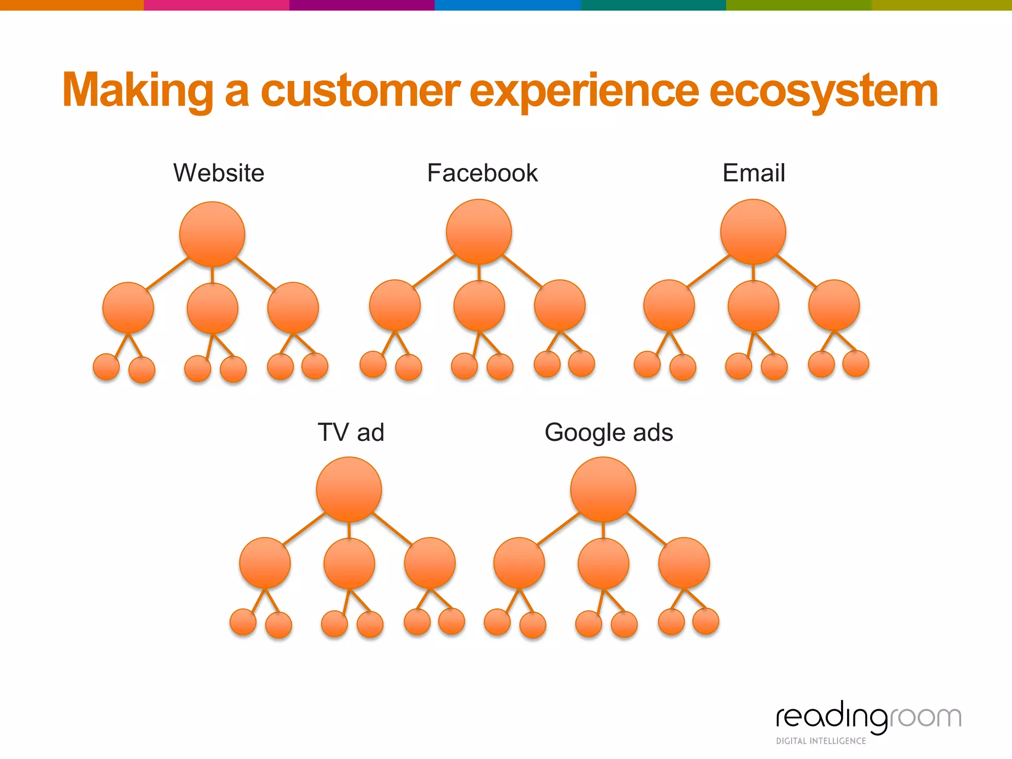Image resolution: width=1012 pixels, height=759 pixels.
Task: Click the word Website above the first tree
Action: pyautogui.click(x=218, y=173)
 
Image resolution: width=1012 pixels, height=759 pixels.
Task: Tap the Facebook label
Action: pyautogui.click(x=482, y=173)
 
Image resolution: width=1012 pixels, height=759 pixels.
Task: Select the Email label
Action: pyautogui.click(x=754, y=173)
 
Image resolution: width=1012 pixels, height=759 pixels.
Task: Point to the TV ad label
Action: pyautogui.click(x=350, y=432)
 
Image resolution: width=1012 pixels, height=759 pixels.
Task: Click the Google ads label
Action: pyautogui.click(x=608, y=432)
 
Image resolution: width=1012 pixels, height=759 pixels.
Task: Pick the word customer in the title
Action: pyautogui.click(x=360, y=91)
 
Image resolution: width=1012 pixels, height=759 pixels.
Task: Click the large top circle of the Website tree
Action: pyautogui.click(x=212, y=234)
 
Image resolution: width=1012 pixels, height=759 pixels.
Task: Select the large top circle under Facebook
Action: pyautogui.click(x=479, y=232)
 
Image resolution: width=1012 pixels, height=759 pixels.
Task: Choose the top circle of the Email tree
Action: pyautogui.click(x=753, y=232)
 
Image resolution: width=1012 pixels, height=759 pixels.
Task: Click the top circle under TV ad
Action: pyautogui.click(x=349, y=489)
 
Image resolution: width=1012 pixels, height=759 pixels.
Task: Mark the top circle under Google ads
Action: pyautogui.click(x=603, y=489)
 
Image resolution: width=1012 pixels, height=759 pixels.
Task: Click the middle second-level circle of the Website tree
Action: pyautogui.click(x=212, y=308)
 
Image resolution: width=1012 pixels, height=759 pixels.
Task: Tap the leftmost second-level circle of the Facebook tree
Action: pyautogui.click(x=395, y=305)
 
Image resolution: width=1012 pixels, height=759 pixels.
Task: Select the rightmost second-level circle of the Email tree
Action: pyautogui.click(x=834, y=305)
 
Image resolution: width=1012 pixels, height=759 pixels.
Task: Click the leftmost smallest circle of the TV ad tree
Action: pyautogui.click(x=243, y=622)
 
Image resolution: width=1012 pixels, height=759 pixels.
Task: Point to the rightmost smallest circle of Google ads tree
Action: pyautogui.click(x=706, y=621)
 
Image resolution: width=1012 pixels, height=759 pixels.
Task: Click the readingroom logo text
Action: pyautogui.click(x=868, y=717)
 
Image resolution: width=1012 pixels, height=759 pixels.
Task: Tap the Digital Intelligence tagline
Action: pyautogui.click(x=821, y=741)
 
